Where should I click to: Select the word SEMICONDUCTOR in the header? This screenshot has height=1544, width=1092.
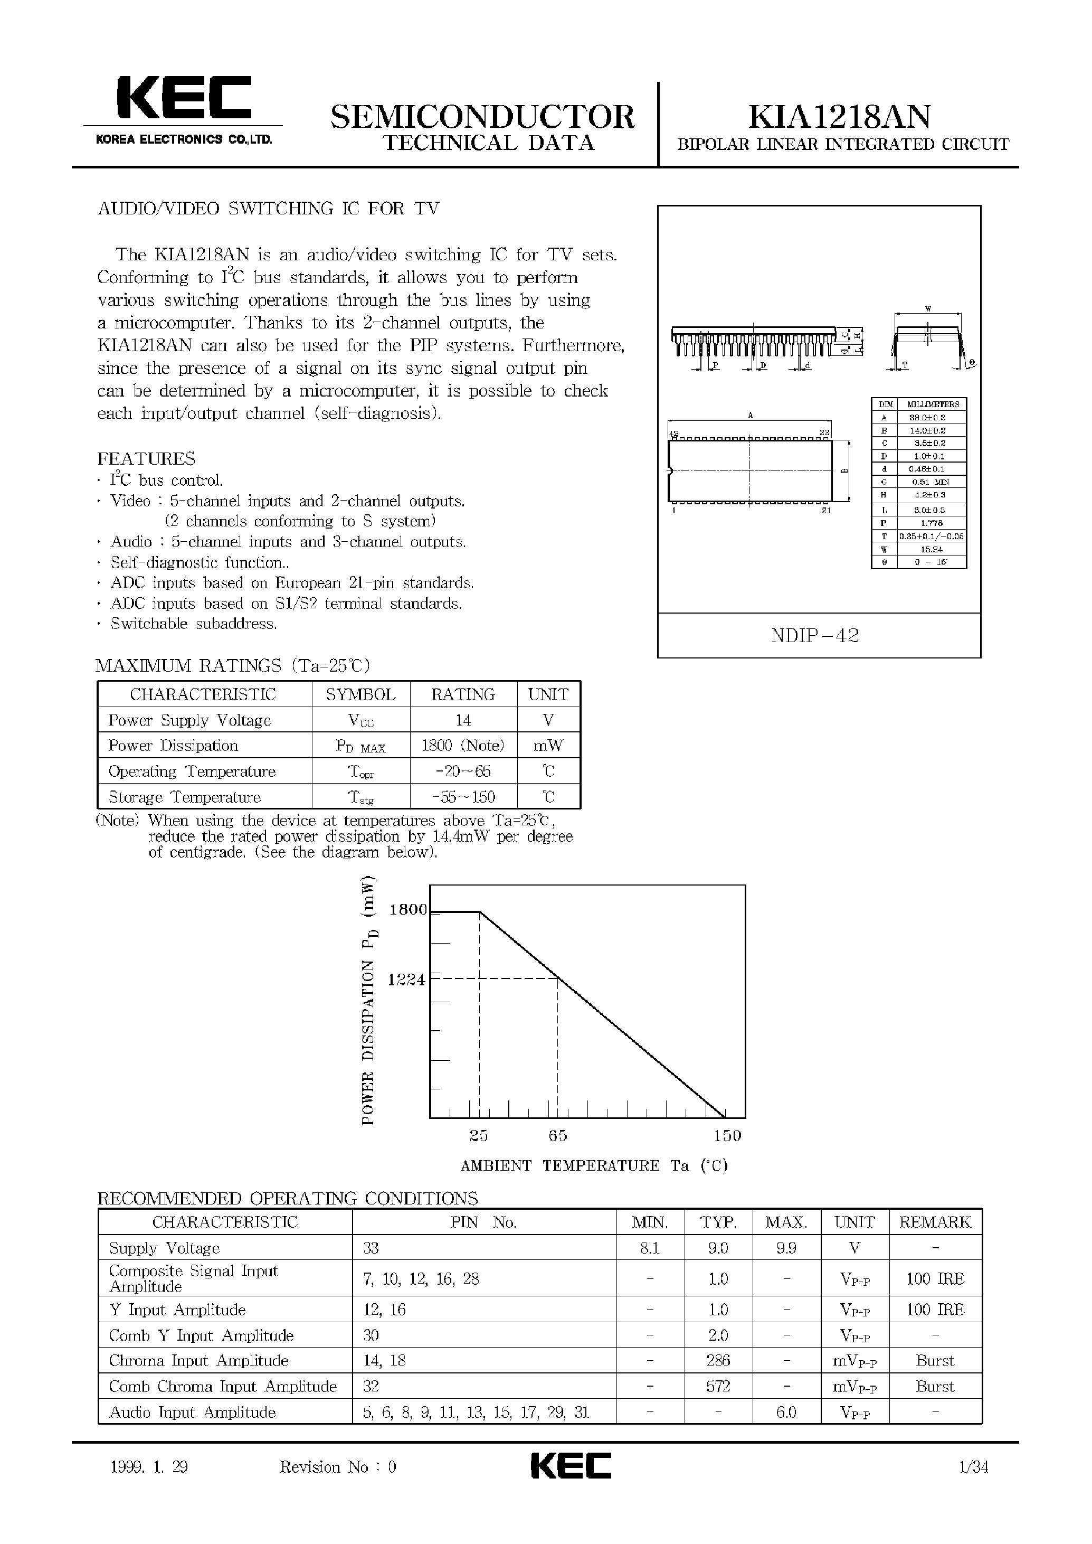(482, 117)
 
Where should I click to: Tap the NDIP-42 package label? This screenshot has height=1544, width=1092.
(815, 635)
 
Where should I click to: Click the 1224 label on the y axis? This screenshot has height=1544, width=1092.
(406, 980)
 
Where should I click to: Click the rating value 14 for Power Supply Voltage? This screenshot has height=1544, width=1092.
(463, 720)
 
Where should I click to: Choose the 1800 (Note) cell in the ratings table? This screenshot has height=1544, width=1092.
(463, 746)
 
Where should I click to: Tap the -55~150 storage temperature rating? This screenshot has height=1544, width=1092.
(463, 797)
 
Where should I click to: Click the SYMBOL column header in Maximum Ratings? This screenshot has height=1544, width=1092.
(360, 694)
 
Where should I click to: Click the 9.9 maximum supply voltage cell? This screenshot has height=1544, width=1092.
(786, 1248)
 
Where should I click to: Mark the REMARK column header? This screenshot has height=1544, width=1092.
(935, 1222)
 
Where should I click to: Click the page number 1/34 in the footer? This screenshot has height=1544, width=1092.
(974, 1466)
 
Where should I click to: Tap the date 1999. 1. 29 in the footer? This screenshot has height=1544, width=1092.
(149, 1466)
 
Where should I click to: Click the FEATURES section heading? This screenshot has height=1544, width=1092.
(147, 459)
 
